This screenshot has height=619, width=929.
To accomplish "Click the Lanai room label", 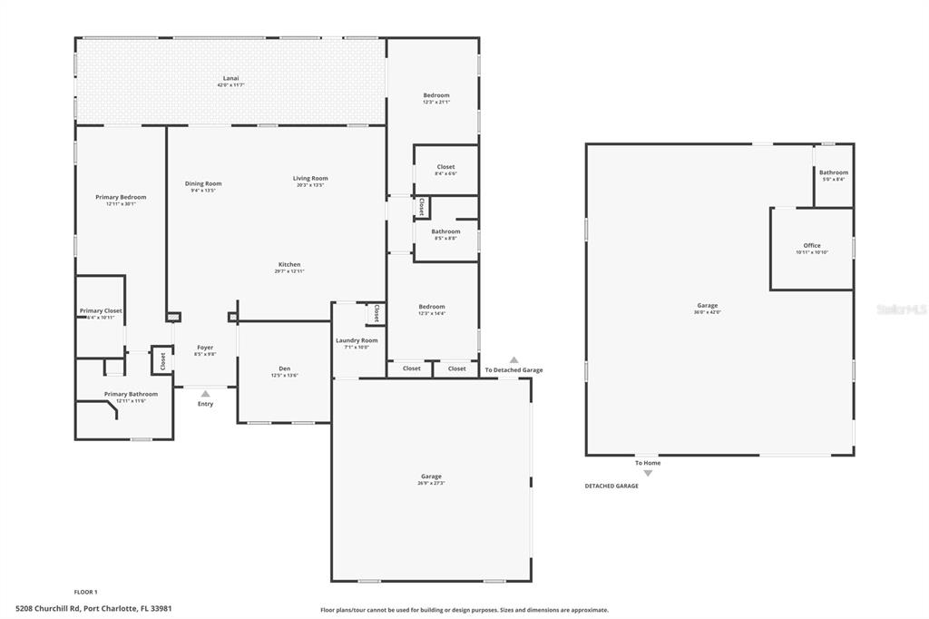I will pyautogui.click(x=230, y=79).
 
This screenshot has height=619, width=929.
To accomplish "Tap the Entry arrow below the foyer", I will pyautogui.click(x=205, y=394).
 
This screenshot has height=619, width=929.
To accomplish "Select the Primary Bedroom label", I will pyautogui.click(x=121, y=197).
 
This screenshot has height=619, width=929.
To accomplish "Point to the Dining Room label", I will pyautogui.click(x=203, y=183).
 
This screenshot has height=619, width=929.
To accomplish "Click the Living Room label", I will pyautogui.click(x=310, y=179).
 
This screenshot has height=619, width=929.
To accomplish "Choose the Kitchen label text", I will pyautogui.click(x=289, y=265).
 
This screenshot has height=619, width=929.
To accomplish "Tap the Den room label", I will pyautogui.click(x=284, y=368).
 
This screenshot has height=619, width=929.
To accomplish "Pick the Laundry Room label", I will pyautogui.click(x=357, y=340).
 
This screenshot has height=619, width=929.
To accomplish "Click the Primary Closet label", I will pyautogui.click(x=100, y=310).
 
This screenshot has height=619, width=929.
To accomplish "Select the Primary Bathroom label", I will pyautogui.click(x=131, y=394).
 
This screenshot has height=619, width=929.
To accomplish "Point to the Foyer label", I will pyautogui.click(x=205, y=348).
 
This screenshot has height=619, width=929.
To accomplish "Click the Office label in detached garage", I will pyautogui.click(x=811, y=246).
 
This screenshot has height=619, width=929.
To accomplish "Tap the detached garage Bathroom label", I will pyautogui.click(x=833, y=172).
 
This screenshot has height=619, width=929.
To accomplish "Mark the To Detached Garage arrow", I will pyautogui.click(x=514, y=360).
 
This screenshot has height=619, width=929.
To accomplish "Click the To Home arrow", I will pyautogui.click(x=648, y=473).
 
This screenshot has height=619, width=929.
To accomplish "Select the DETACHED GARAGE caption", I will pyautogui.click(x=611, y=486).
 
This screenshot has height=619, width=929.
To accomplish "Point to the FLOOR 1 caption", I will pyautogui.click(x=85, y=592).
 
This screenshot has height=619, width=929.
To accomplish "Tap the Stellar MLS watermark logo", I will pyautogui.click(x=902, y=309).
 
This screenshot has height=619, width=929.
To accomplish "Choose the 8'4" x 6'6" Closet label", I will pyautogui.click(x=445, y=167).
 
